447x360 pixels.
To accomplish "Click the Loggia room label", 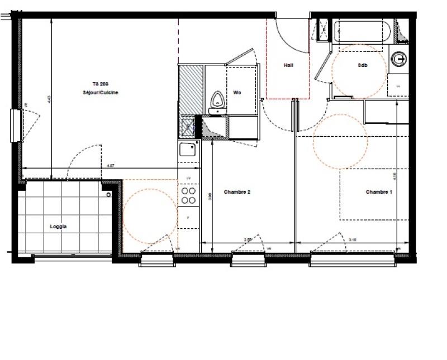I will pos(59,227).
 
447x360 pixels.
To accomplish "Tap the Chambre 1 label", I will pos(379,192).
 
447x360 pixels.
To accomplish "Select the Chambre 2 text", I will pos(237,192).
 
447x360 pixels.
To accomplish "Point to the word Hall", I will pos(288,65).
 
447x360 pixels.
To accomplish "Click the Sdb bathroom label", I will pos(363,65).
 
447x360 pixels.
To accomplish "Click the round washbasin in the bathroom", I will pos(399,57).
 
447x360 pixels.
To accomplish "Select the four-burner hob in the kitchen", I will pos(189,195).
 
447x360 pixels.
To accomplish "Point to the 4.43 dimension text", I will pos(49,99).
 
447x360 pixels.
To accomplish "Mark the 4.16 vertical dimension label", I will pos(394,176).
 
